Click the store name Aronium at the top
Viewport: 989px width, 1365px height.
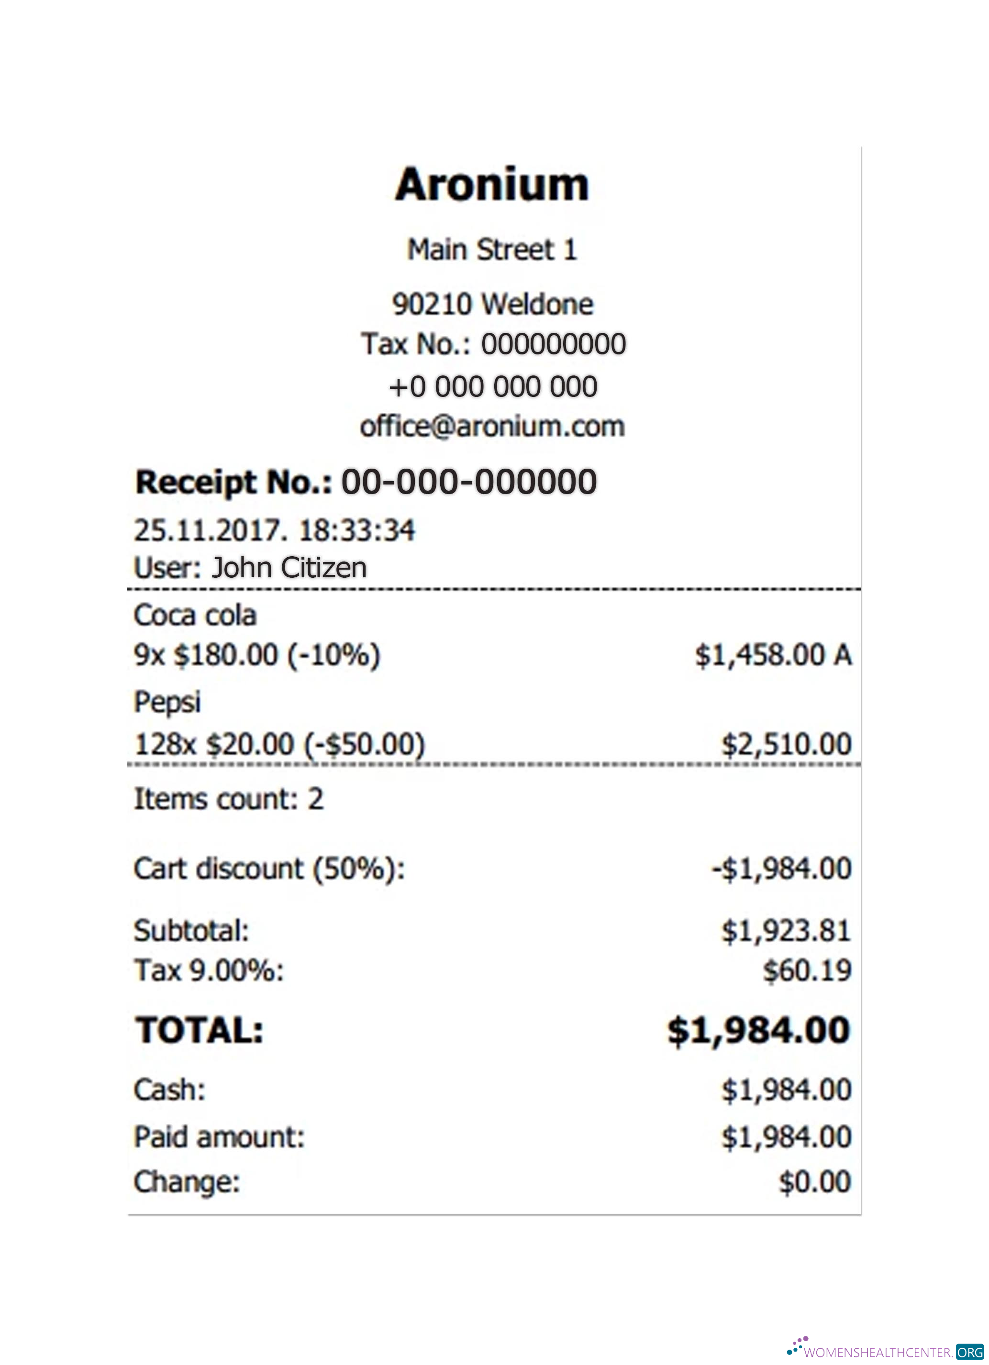tap(492, 184)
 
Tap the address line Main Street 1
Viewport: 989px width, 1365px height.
tap(492, 250)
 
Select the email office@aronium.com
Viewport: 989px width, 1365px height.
tap(492, 427)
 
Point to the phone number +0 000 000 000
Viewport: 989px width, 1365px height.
tap(492, 386)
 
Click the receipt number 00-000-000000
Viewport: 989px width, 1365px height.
tap(469, 482)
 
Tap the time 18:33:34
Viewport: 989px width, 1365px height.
tap(356, 530)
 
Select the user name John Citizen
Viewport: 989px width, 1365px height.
tap(289, 568)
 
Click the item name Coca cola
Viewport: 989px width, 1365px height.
tap(195, 616)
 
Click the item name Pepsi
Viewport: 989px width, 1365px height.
tap(167, 702)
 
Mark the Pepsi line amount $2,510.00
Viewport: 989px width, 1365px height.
tap(786, 745)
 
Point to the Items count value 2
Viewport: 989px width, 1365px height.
tap(316, 799)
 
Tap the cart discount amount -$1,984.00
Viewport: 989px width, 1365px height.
tap(781, 869)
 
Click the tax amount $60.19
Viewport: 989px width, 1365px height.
tap(807, 970)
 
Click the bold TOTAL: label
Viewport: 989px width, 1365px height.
tap(199, 1030)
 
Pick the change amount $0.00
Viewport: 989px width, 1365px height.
tap(814, 1181)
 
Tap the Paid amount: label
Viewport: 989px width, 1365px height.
tap(219, 1137)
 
